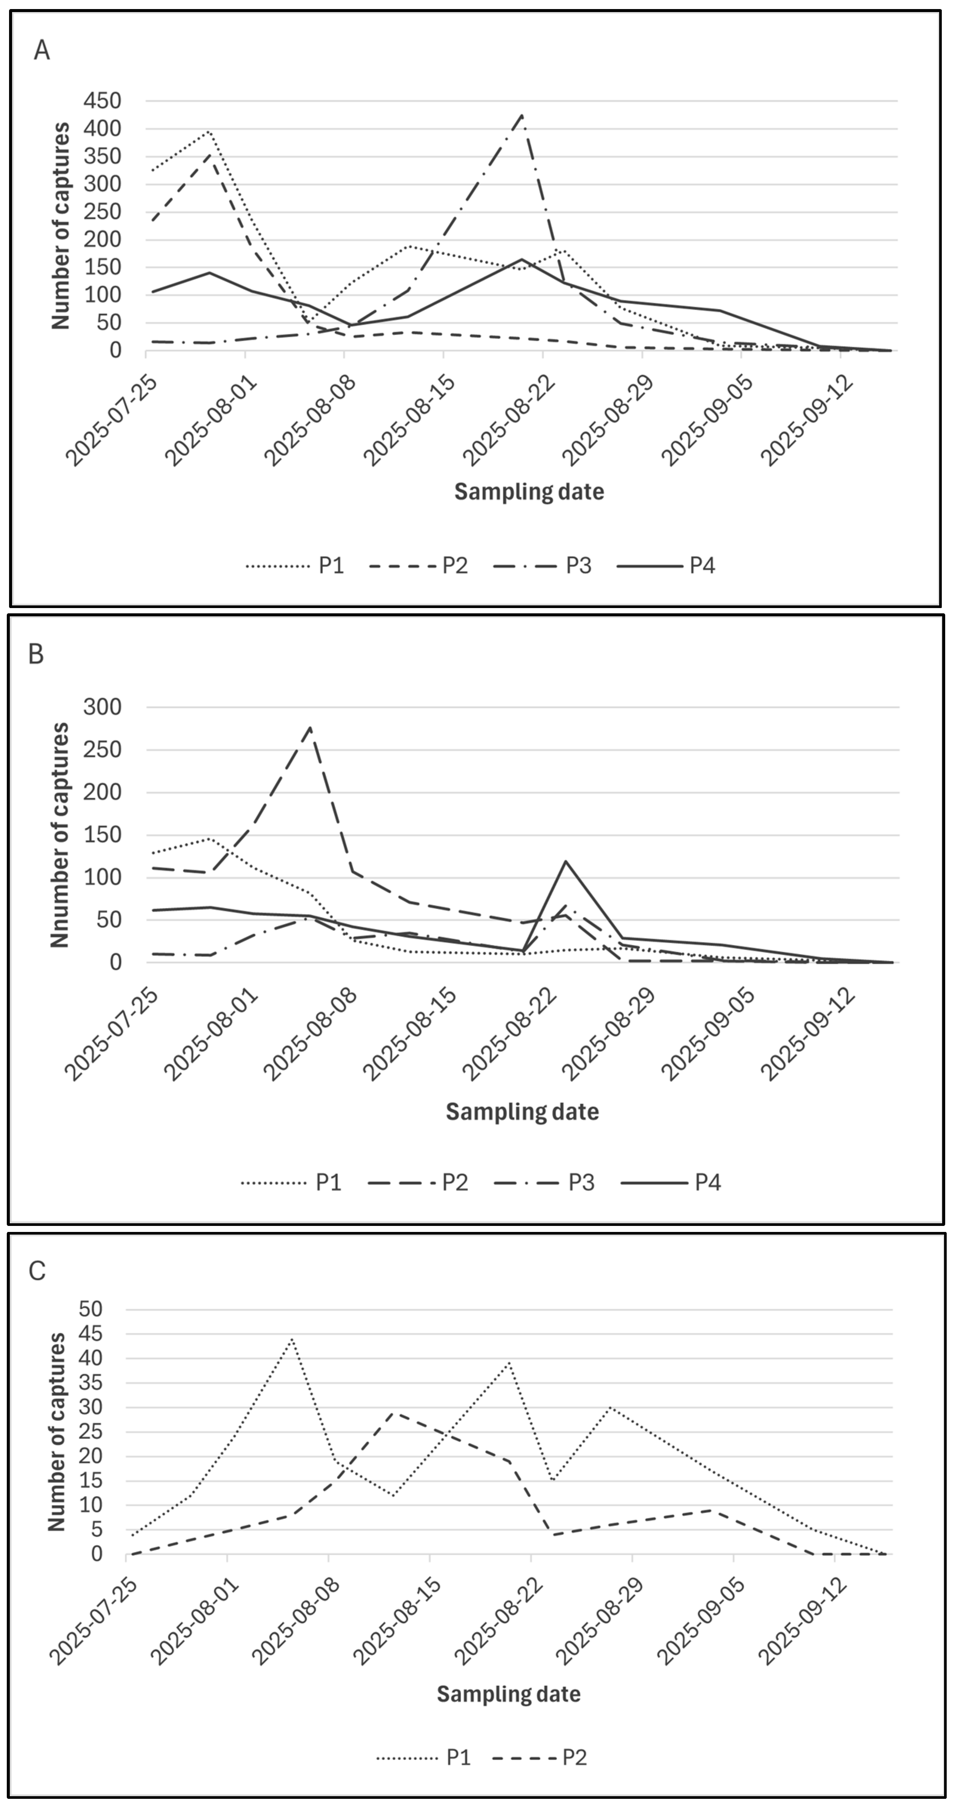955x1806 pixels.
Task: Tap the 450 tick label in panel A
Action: [102, 101]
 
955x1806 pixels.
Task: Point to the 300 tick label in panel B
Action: [102, 707]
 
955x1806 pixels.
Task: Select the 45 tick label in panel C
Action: [92, 1334]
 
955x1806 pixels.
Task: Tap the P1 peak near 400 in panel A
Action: [209, 131]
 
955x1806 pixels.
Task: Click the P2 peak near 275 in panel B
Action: [311, 727]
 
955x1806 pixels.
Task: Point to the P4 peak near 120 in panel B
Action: [566, 861]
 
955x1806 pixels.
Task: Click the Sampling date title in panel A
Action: [529, 491]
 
